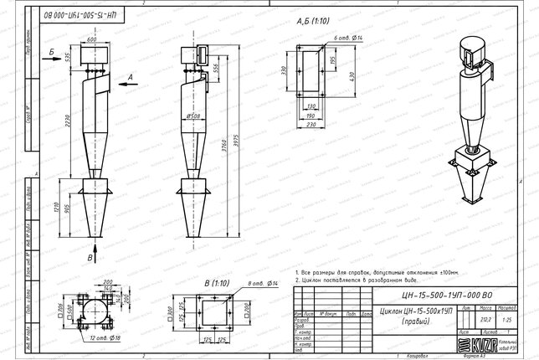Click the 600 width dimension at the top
pyautogui.click(x=91, y=39)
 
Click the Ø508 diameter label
pyautogui.click(x=193, y=116)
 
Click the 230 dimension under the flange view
pyautogui.click(x=311, y=124)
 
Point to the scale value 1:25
pyautogui.click(x=505, y=318)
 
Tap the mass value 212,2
pyautogui.click(x=485, y=318)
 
